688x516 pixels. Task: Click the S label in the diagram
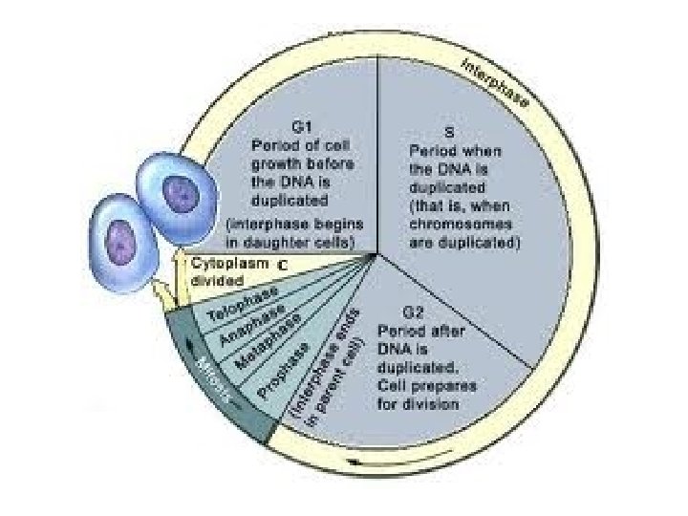[x=448, y=131]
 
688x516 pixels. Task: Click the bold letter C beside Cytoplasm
[x=284, y=263]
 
